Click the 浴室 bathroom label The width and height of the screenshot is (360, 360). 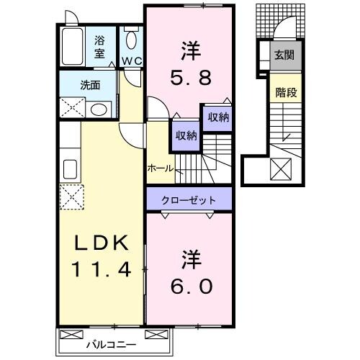99,47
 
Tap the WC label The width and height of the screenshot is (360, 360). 132,61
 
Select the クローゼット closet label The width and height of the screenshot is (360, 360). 190,198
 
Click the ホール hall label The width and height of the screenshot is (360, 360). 160,168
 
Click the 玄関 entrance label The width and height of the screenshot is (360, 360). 283,54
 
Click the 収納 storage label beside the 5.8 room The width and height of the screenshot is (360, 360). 218,117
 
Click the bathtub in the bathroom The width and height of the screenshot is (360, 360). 73,45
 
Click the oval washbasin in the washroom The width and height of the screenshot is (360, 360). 99,109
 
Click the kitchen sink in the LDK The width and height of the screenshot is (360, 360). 71,169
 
